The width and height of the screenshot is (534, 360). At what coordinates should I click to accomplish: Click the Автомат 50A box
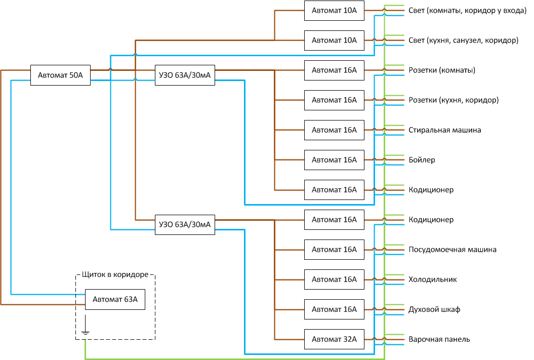coord(60,75)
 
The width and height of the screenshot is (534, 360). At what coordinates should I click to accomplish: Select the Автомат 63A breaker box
coord(115,299)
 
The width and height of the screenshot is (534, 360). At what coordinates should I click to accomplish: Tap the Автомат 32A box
coord(334,339)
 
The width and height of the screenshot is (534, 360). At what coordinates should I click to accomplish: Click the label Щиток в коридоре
coord(115,275)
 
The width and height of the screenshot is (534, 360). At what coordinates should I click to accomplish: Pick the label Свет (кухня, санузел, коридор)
coord(463,40)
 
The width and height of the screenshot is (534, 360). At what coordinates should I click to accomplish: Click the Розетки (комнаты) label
coord(441,70)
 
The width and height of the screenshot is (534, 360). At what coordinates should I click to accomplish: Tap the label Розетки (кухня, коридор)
coord(454,100)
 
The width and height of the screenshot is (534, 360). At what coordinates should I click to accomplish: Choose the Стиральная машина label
coord(444,130)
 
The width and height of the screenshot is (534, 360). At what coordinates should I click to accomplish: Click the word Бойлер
coord(422,160)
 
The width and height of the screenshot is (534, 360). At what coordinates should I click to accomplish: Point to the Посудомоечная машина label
coord(453,250)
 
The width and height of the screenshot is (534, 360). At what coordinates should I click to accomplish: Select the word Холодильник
coord(432,279)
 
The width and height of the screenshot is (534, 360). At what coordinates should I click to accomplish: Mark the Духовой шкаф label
coord(434,309)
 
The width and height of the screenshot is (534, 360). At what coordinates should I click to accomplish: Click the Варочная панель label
coord(439,339)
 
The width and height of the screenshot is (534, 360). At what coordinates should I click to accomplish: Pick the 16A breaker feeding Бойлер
coord(334,160)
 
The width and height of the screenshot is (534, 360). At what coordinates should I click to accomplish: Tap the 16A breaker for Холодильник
coord(334,279)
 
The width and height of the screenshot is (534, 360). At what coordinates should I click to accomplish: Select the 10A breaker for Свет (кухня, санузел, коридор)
coord(334,40)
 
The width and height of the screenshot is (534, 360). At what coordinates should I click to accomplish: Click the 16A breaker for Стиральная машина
coord(334,130)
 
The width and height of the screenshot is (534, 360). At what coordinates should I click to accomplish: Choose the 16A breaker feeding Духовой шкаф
coord(334,309)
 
